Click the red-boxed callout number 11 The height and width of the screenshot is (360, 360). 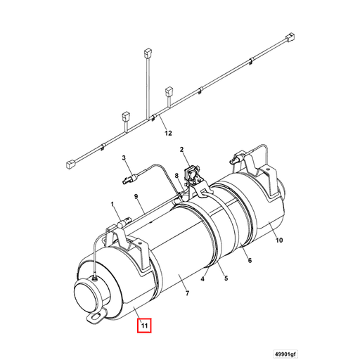[143, 326]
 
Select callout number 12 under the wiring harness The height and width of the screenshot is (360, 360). [168, 132]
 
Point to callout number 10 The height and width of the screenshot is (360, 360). [279, 240]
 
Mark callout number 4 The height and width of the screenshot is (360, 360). [202, 279]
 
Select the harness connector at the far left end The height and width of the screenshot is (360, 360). [70, 165]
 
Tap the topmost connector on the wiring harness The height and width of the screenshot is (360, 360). [148, 51]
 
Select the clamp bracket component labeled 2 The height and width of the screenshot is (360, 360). [191, 172]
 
